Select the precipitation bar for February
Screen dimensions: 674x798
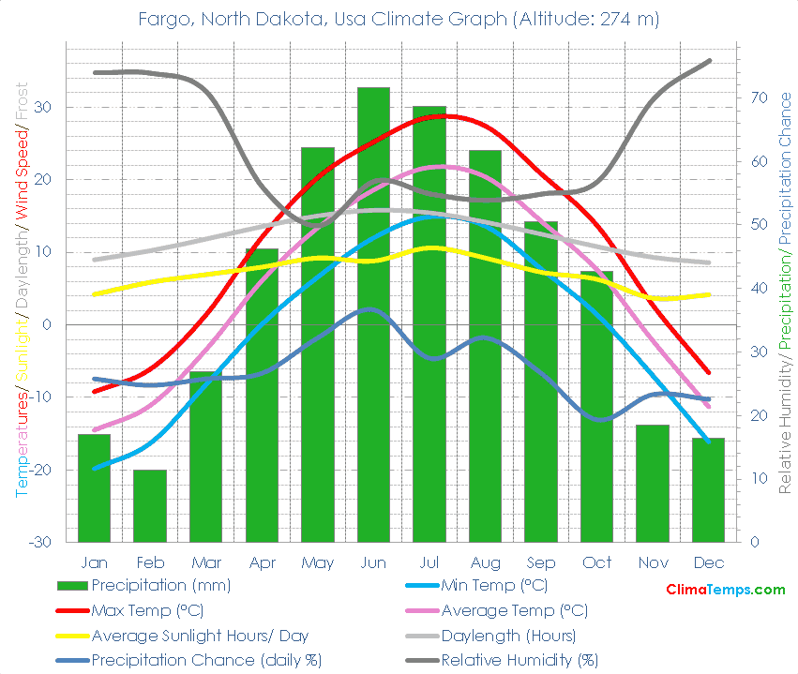(x=150, y=506)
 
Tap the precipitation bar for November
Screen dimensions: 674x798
(x=653, y=483)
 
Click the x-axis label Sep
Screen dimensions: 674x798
(x=541, y=562)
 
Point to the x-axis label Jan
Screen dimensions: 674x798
(x=94, y=562)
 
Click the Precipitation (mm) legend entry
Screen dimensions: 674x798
(x=160, y=586)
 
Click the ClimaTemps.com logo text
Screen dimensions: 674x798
(x=725, y=590)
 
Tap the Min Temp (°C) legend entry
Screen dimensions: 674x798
(x=493, y=586)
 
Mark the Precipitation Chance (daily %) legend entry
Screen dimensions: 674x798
(x=206, y=660)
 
